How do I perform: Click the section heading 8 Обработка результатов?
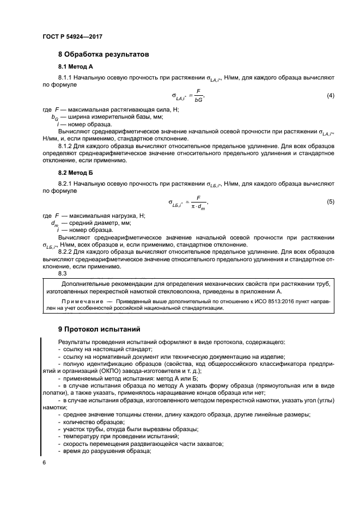(x=103, y=54)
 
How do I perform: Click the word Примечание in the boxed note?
(x=83, y=301)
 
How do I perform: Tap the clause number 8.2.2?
(x=66, y=253)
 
